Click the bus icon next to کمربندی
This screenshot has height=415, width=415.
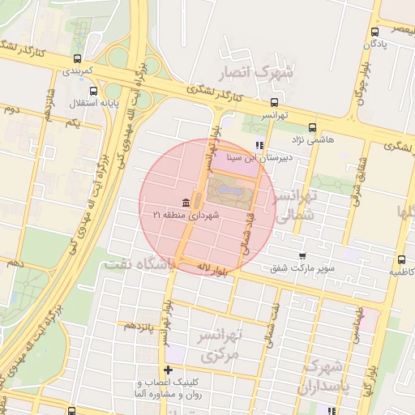pos(77,58)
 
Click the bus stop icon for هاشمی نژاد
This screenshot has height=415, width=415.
pos(313,126)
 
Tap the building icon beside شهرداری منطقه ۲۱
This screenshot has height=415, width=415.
pos(186,202)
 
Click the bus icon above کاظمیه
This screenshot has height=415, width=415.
pos(402,259)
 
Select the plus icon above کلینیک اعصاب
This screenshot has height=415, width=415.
pos(168,370)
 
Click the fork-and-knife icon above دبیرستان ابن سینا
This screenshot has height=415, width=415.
pos(259,146)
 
